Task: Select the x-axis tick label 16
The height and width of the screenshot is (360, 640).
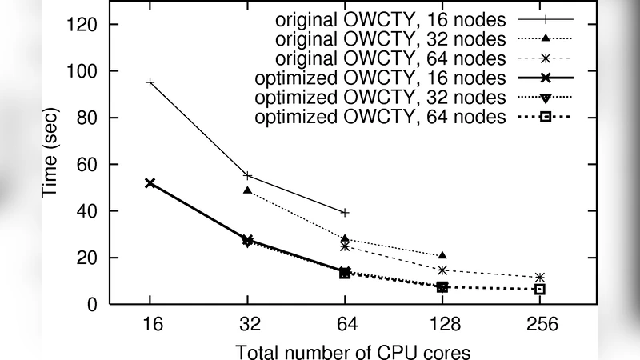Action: pyautogui.click(x=150, y=326)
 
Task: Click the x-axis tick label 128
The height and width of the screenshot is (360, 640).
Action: pyautogui.click(x=442, y=326)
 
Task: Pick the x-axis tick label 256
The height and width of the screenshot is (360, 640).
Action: pyautogui.click(x=540, y=326)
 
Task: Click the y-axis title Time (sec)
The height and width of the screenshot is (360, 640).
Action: pyautogui.click(x=50, y=164)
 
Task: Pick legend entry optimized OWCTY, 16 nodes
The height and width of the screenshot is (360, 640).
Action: pyautogui.click(x=379, y=78)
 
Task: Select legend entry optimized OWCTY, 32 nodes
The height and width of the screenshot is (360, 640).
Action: pyautogui.click(x=379, y=98)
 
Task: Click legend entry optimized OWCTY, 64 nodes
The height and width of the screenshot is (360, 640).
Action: pyautogui.click(x=379, y=118)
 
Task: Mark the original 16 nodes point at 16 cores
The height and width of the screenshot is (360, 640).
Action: pyautogui.click(x=150, y=82)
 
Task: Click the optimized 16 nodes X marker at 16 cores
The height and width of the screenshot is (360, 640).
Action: pyautogui.click(x=150, y=183)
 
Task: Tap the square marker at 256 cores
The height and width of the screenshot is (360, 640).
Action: pyautogui.click(x=540, y=289)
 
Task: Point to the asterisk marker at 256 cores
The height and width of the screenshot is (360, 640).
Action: pyautogui.click(x=540, y=278)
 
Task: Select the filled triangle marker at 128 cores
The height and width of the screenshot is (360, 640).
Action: pyautogui.click(x=442, y=255)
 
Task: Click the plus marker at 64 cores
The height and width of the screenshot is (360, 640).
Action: pyautogui.click(x=345, y=212)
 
